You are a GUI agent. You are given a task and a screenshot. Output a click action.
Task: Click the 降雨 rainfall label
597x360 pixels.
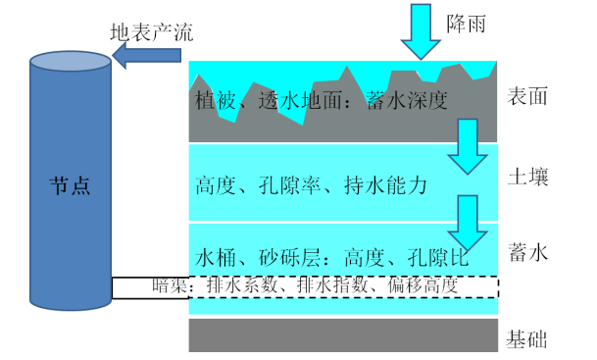(x=466, y=24)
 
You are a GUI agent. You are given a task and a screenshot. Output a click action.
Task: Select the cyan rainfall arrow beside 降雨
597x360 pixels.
(x=421, y=31)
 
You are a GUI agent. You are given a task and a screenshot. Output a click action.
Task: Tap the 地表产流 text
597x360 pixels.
(x=152, y=32)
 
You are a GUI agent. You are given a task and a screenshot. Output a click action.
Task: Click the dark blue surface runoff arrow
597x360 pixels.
(x=147, y=56)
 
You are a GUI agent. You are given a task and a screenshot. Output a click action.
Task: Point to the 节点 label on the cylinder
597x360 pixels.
(x=70, y=186)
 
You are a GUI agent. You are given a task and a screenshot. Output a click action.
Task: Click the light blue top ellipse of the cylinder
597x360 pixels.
(x=71, y=62)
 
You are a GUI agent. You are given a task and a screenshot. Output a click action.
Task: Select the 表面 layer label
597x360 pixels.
(x=527, y=96)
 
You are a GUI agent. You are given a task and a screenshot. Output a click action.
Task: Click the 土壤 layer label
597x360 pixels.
(x=528, y=177)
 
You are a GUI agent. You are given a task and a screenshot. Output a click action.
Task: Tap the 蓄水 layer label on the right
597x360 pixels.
(x=528, y=252)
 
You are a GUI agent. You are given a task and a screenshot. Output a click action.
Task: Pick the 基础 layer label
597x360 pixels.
(x=526, y=339)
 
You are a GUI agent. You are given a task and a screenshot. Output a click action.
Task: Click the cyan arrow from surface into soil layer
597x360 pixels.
(x=468, y=147)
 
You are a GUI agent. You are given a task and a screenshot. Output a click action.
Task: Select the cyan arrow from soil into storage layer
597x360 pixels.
(x=468, y=223)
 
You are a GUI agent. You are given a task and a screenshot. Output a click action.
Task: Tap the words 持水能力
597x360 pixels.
(x=385, y=185)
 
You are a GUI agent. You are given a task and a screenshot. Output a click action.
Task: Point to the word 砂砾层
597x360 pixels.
(x=290, y=258)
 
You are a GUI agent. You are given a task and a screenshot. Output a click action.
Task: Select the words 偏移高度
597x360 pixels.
(x=423, y=285)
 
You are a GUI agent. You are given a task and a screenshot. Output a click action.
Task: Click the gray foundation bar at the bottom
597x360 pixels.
(x=343, y=335)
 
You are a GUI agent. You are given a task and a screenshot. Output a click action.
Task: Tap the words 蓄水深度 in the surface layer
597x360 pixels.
(x=407, y=101)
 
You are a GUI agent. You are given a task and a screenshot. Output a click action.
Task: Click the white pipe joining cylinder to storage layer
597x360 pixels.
(x=150, y=288)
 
